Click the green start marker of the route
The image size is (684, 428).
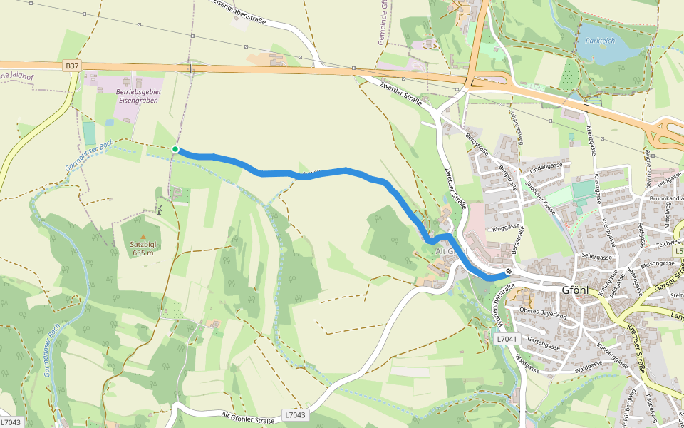click(x=175, y=149)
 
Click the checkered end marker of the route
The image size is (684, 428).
click(x=509, y=272)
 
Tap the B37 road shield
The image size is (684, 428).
click(x=71, y=66)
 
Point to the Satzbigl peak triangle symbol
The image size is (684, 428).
click(x=142, y=236)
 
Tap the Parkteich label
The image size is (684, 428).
click(x=599, y=41)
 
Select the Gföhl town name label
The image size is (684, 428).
click(x=576, y=290)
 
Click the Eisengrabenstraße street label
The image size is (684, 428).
click(x=240, y=11)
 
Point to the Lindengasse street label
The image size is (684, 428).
click(x=546, y=165)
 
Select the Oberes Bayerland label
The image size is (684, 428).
click(x=543, y=313)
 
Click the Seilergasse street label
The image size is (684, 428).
click(x=598, y=256)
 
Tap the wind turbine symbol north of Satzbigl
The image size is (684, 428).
click(x=160, y=209)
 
